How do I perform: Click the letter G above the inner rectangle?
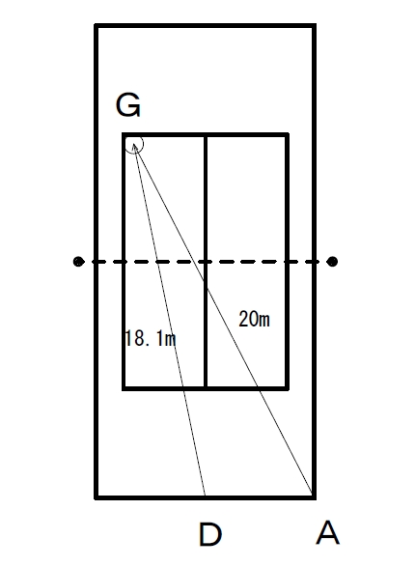pos(127,105)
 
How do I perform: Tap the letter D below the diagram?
pos(210,534)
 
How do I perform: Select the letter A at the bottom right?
pos(327,532)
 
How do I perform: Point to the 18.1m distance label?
pos(151,338)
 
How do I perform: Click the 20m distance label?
pos(254,319)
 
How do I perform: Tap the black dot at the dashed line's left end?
pos(78,261)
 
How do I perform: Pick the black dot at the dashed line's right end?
pos(332,261)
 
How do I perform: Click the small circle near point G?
pos(134,144)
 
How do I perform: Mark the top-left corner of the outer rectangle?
pos(97,26)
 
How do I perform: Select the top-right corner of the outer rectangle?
pos(315,26)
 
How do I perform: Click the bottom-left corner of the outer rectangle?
pos(97,497)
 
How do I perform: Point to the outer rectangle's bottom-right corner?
pos(315,497)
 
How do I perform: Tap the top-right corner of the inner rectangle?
pos(288,135)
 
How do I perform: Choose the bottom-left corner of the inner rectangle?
pos(124,388)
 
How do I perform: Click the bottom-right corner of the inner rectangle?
pos(288,388)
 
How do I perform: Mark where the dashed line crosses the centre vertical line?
pos(206,261)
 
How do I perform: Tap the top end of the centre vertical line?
pos(206,135)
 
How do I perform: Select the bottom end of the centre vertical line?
pos(206,388)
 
